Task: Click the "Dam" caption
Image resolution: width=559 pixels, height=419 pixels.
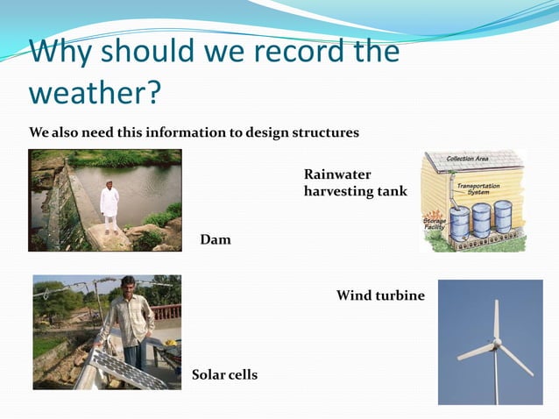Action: point(216,239)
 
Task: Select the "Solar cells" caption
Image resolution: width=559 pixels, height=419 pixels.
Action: point(224,375)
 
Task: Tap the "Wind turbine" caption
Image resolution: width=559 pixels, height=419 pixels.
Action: point(380,296)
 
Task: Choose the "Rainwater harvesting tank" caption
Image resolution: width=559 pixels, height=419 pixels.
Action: point(355,183)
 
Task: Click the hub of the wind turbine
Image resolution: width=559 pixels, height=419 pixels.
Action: point(496,342)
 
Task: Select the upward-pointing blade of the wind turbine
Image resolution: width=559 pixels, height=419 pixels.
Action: point(495,319)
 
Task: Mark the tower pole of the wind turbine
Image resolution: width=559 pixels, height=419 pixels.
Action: point(496,377)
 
